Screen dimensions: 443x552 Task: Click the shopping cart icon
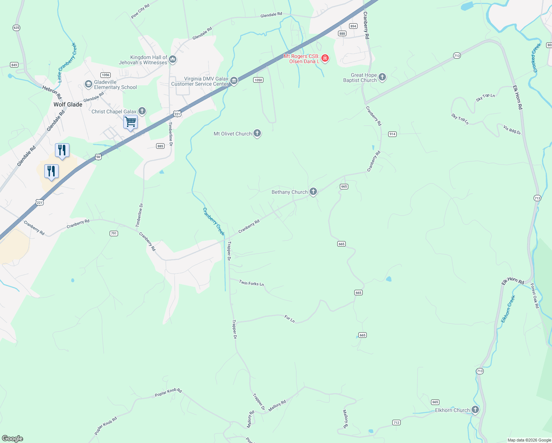click(x=130, y=121)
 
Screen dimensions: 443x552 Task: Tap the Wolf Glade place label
click(x=68, y=104)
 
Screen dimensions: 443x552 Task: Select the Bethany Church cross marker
click(x=313, y=191)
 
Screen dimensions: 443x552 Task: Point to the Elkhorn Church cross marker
click(x=475, y=409)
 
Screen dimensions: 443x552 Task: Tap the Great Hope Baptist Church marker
click(x=382, y=77)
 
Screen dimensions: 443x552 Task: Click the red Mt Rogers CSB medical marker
click(x=325, y=58)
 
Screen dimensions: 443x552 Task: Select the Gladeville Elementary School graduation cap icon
click(x=88, y=85)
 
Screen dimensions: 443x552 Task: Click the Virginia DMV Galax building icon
click(x=234, y=80)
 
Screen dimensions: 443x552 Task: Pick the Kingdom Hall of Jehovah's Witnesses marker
click(x=173, y=59)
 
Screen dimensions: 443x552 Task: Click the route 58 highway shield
click(x=98, y=157)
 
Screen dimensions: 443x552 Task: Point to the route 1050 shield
click(x=258, y=80)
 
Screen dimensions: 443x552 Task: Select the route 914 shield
click(x=392, y=134)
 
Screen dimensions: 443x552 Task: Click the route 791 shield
click(x=114, y=233)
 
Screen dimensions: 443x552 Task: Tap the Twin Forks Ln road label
click(x=251, y=283)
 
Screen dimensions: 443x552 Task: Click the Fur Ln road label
click(x=290, y=319)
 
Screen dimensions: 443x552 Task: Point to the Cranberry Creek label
click(x=214, y=221)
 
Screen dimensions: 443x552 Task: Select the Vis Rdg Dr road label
click(x=512, y=130)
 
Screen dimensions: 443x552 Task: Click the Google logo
click(x=13, y=439)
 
